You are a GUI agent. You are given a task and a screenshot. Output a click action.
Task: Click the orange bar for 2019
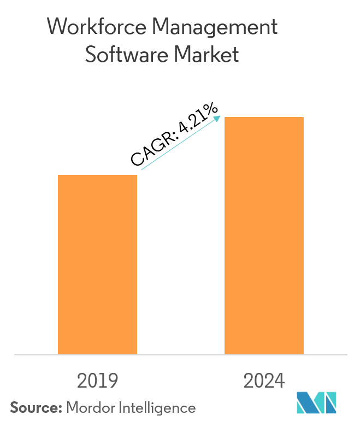click(97, 265)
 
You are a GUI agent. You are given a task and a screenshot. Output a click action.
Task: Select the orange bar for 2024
click(264, 236)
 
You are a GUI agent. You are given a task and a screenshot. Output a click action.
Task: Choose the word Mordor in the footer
click(90, 408)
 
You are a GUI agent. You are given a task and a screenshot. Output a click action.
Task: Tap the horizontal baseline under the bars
click(180, 355)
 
